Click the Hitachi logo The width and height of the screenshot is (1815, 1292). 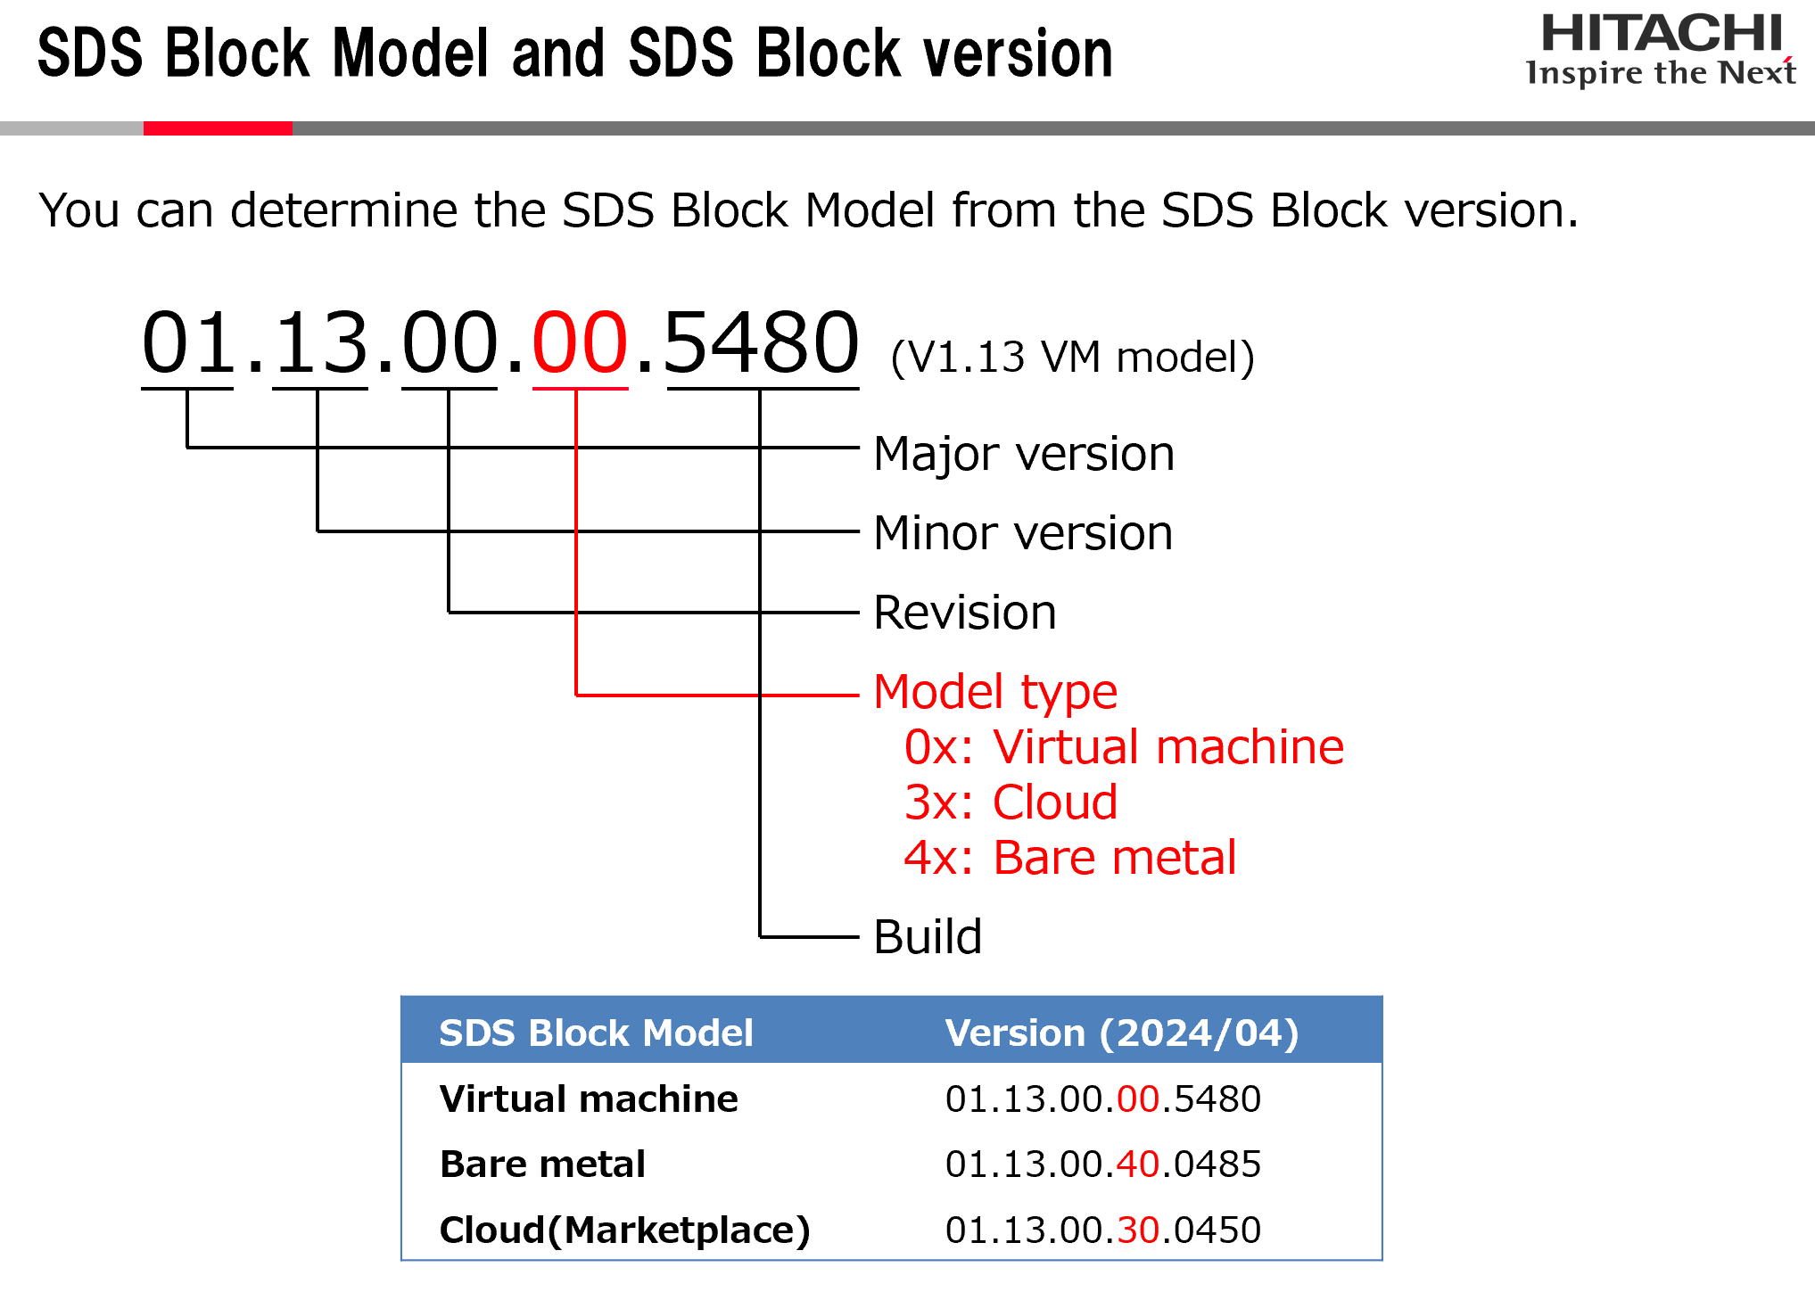click(1661, 50)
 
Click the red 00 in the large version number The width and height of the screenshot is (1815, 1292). click(580, 342)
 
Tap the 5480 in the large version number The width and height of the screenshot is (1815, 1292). click(761, 342)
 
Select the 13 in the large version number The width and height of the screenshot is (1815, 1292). click(320, 342)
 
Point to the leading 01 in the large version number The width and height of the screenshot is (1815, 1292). click(188, 342)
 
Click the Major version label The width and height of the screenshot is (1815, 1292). click(1024, 454)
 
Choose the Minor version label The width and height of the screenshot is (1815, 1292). click(1023, 533)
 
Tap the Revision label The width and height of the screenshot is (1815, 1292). click(965, 613)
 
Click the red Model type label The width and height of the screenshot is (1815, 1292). click(995, 692)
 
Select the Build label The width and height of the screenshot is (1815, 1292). click(928, 937)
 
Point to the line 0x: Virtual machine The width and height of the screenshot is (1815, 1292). click(1124, 747)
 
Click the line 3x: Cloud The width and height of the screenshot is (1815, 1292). click(1011, 802)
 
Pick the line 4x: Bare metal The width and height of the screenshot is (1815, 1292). click(1070, 858)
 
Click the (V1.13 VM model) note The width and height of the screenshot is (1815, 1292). click(1072, 358)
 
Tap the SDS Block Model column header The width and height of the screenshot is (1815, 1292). click(596, 1033)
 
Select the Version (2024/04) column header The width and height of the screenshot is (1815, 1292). click(1122, 1033)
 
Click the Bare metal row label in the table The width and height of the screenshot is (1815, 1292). click(542, 1164)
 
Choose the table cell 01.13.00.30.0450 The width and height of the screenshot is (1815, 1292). click(1103, 1230)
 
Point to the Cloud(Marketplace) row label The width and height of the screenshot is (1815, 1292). click(624, 1230)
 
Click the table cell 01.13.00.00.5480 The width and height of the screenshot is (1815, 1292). click(1103, 1099)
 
